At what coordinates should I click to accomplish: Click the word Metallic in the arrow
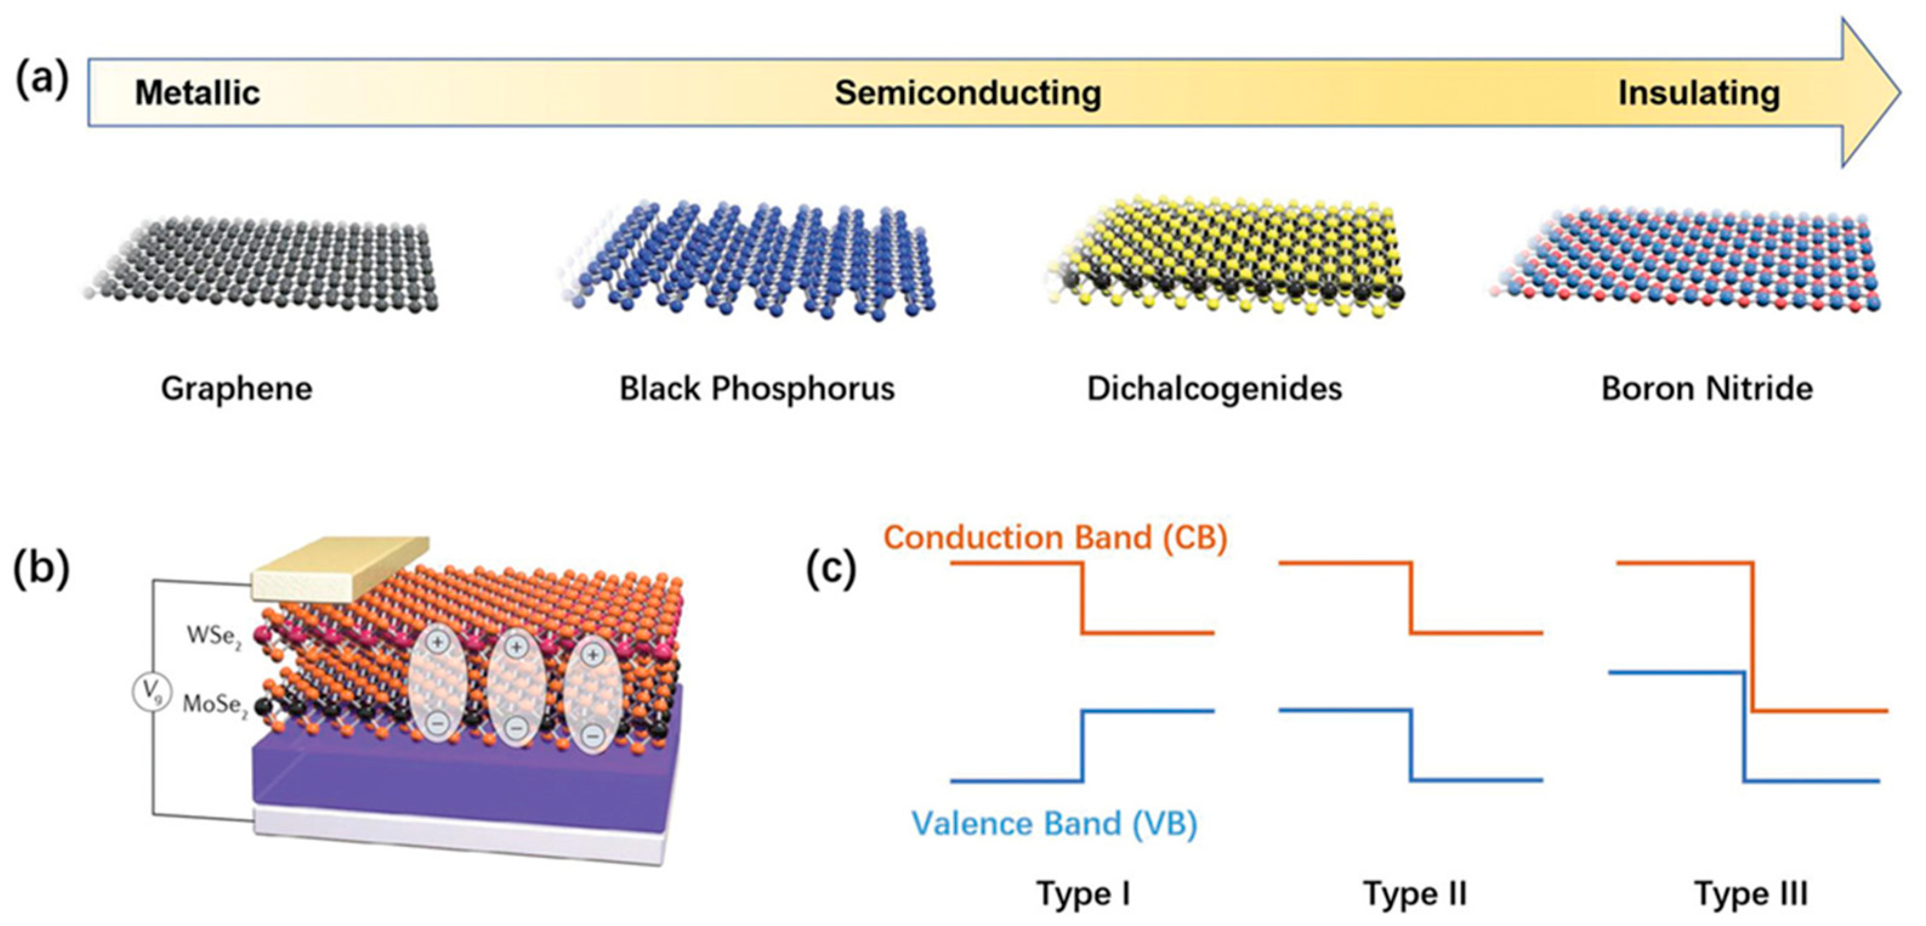coord(197,94)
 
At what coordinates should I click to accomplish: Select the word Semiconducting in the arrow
coord(967,94)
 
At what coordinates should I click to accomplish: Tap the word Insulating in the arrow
coord(1698,94)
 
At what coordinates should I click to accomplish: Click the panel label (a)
coord(42,80)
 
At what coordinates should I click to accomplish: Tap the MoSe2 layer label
coord(215,706)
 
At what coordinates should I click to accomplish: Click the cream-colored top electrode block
coord(340,568)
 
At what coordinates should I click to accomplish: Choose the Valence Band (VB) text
coord(1054,823)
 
